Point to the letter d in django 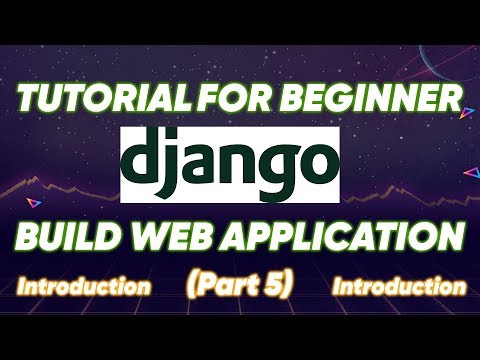[148, 161]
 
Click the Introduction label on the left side [84, 287]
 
